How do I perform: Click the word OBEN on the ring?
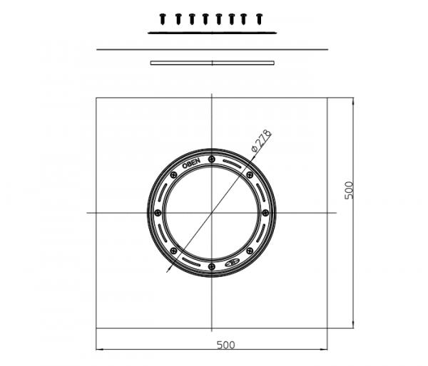[191, 164]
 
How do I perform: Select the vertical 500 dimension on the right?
[349, 190]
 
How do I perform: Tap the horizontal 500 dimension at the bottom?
[225, 345]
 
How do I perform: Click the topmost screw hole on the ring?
[212, 160]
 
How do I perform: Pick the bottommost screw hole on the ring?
[212, 266]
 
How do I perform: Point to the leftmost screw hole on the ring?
[158, 213]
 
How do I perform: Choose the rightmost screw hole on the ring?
[265, 213]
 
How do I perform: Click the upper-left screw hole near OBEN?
[173, 175]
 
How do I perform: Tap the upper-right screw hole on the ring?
[250, 174]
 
